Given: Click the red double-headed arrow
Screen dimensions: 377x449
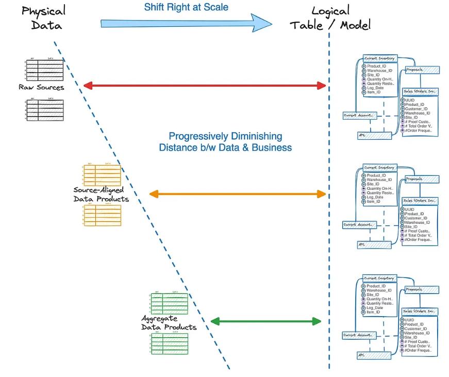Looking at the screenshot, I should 205,85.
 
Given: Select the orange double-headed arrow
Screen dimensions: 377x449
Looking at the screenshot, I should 238,194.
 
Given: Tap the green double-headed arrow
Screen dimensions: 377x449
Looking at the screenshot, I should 266,321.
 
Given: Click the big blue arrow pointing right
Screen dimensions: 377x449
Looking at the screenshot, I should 186,23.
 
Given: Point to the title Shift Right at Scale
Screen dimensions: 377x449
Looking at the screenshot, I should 186,7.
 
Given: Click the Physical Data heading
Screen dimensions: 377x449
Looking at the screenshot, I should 44,18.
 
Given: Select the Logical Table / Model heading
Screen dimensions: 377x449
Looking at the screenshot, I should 330,18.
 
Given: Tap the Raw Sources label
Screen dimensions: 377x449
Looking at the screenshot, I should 41,87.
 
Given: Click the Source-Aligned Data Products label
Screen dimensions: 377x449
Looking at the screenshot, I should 101,194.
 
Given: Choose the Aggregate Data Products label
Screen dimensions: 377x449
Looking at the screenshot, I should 169,323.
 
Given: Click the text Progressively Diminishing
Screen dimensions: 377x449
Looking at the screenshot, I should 225,136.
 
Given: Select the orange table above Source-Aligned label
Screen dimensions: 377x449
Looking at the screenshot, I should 102,175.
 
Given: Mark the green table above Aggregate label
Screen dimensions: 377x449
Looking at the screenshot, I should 169,303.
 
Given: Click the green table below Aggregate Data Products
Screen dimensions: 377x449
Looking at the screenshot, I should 169,343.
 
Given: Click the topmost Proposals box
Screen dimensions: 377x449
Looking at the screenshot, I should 421,70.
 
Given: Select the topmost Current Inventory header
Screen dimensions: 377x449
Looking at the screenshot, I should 379,58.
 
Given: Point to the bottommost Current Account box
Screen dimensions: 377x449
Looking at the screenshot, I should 358,335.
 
